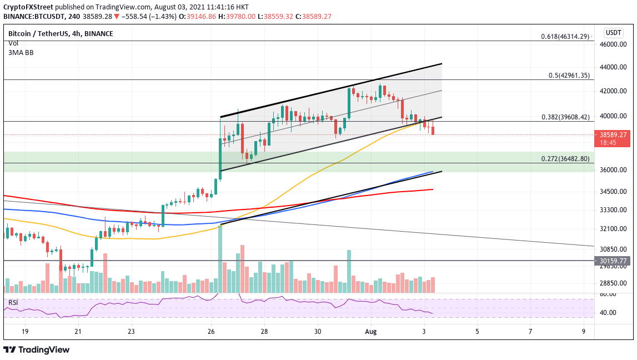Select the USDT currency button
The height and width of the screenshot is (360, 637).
click(613, 33)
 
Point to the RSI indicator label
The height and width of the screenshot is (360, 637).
click(13, 302)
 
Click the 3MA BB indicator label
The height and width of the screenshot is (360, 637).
click(20, 52)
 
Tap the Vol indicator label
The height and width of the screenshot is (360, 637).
click(13, 43)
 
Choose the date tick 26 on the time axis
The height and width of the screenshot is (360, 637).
click(211, 331)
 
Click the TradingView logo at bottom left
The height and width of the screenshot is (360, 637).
click(37, 349)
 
